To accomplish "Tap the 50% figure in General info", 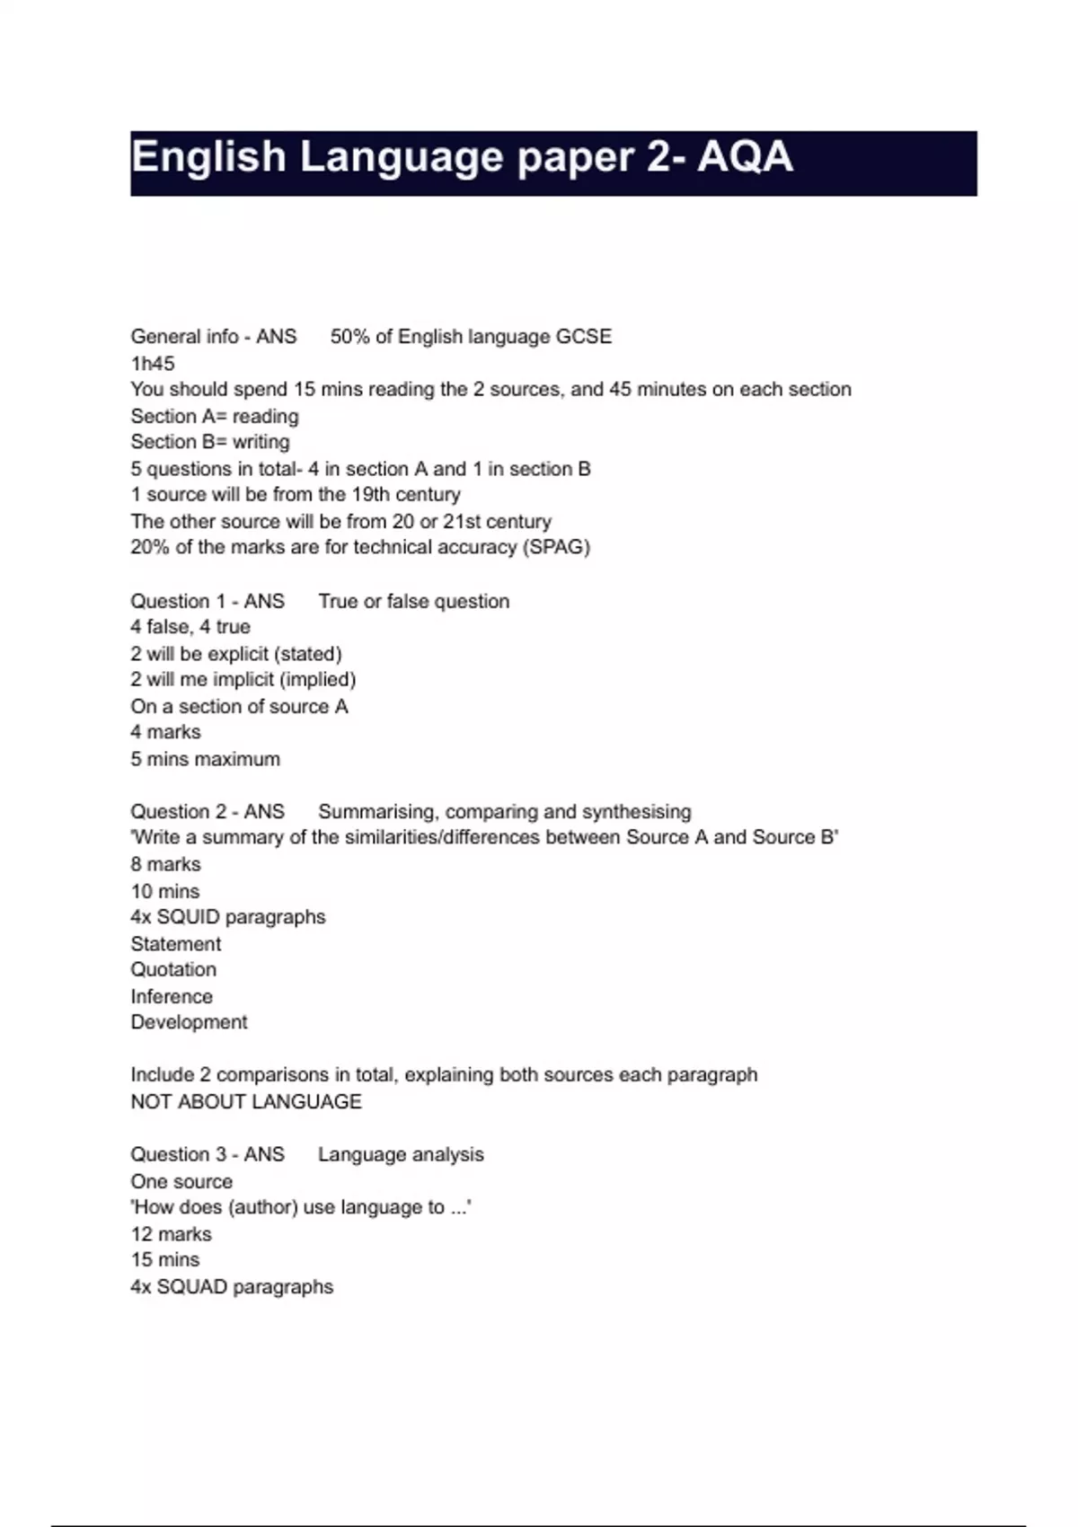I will [349, 337].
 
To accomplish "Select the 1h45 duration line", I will [153, 364].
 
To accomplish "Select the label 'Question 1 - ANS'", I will [208, 601].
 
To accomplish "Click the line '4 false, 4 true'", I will [190, 627].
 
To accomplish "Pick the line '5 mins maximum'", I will [206, 759].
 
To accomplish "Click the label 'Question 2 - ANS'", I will [208, 812].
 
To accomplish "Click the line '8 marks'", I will [166, 864].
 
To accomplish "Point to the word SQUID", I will [189, 917].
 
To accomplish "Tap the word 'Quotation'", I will [173, 970].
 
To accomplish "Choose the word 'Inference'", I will [172, 997].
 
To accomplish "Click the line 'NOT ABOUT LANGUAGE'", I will [246, 1102].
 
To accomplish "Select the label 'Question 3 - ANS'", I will [208, 1155].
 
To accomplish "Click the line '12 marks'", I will [172, 1234].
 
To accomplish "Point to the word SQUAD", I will [192, 1287].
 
